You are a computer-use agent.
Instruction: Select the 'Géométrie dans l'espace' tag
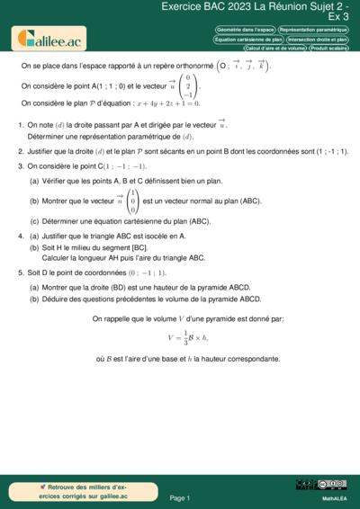[x=245, y=30]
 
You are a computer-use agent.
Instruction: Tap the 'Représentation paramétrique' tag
[x=313, y=30]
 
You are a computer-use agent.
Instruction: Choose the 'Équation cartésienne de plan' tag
[x=248, y=40]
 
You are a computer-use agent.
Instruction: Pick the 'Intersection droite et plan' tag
[x=318, y=40]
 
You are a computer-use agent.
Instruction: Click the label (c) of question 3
[x=34, y=220]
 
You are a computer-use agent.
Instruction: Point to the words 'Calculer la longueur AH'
[x=79, y=257]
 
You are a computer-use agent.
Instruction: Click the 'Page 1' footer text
[x=179, y=497]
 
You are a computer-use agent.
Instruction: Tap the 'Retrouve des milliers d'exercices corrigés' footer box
[x=71, y=490]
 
